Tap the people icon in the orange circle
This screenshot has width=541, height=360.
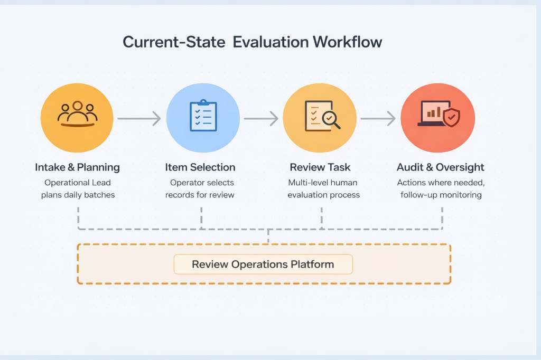coord(77,113)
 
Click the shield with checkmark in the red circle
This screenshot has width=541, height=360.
coord(451,118)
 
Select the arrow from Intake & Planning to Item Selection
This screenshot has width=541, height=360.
coord(138,119)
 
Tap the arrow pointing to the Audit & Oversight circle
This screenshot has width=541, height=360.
coord(378,119)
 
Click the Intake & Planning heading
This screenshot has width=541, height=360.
coord(77,167)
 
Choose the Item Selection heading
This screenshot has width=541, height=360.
coord(200,167)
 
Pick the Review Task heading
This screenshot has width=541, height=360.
coord(320,167)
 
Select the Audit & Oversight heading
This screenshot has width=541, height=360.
coord(441,167)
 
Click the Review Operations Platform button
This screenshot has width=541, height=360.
coord(263,264)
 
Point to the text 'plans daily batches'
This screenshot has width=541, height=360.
coord(77,195)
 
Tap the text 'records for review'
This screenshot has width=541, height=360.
coord(200,195)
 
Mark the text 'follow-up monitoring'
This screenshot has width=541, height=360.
coord(441,195)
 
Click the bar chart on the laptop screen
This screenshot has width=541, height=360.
coord(434,112)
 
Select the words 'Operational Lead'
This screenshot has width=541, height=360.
coord(77,183)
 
